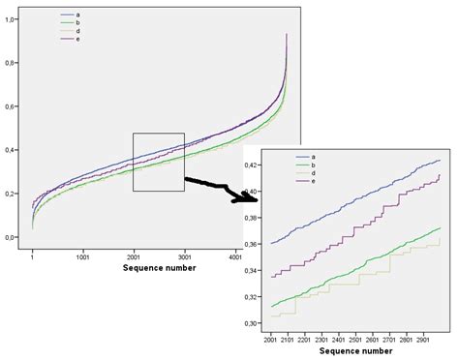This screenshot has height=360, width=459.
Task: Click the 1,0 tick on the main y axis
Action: (11, 19)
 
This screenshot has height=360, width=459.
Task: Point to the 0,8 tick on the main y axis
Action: (11, 63)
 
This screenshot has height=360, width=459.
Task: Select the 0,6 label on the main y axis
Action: (11, 106)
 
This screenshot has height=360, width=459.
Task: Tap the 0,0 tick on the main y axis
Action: (11, 237)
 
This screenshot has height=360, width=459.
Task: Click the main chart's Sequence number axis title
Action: (159, 268)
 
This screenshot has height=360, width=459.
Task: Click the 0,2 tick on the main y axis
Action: (11, 194)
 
